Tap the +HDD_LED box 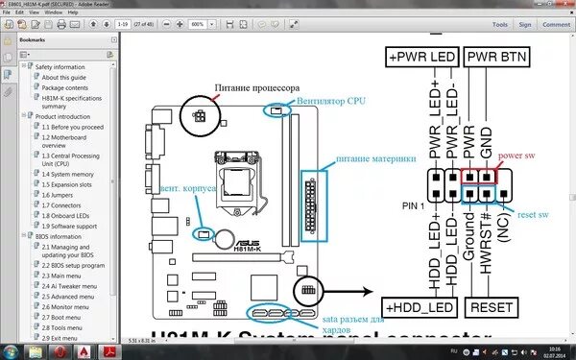(x=421, y=306)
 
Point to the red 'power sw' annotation (x=516, y=154)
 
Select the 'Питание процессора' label (x=252, y=85)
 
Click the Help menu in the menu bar (x=73, y=13)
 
